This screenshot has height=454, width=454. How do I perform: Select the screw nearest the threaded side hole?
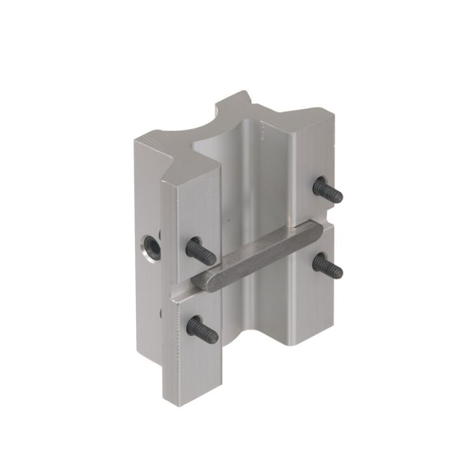click(x=200, y=251)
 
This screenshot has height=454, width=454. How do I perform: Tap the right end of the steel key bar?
click(x=322, y=229)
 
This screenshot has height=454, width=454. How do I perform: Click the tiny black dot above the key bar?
click(x=228, y=219)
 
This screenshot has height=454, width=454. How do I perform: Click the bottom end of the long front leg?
click(x=194, y=396)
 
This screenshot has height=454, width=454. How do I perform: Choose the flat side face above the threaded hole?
click(x=148, y=195)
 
